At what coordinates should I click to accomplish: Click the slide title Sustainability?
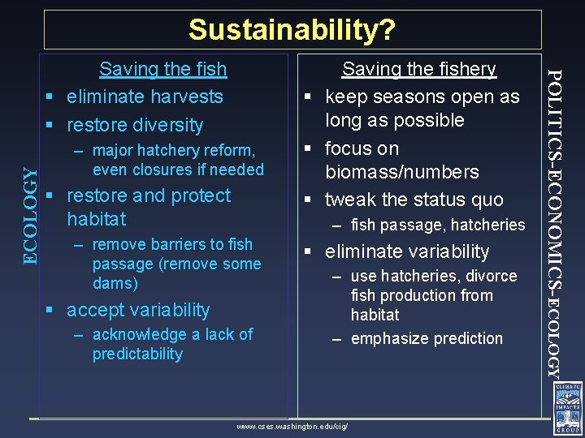[x=292, y=30]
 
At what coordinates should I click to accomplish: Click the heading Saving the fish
[x=162, y=70]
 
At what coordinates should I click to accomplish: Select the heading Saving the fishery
[x=418, y=70]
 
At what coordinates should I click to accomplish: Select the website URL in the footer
[x=292, y=426]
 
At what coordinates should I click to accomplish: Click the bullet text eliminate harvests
[x=145, y=97]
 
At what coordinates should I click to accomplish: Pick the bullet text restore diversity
[x=135, y=125]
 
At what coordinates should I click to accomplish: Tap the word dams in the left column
[x=115, y=283]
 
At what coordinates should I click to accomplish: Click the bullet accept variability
[x=138, y=310]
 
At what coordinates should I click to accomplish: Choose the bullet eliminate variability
[x=407, y=251]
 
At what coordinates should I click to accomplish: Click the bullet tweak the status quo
[x=414, y=200]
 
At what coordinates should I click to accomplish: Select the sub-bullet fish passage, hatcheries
[x=438, y=225]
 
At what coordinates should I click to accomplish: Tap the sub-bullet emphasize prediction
[x=427, y=338]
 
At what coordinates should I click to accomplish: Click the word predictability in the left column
[x=137, y=354]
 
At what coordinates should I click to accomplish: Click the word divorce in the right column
[x=491, y=276]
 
